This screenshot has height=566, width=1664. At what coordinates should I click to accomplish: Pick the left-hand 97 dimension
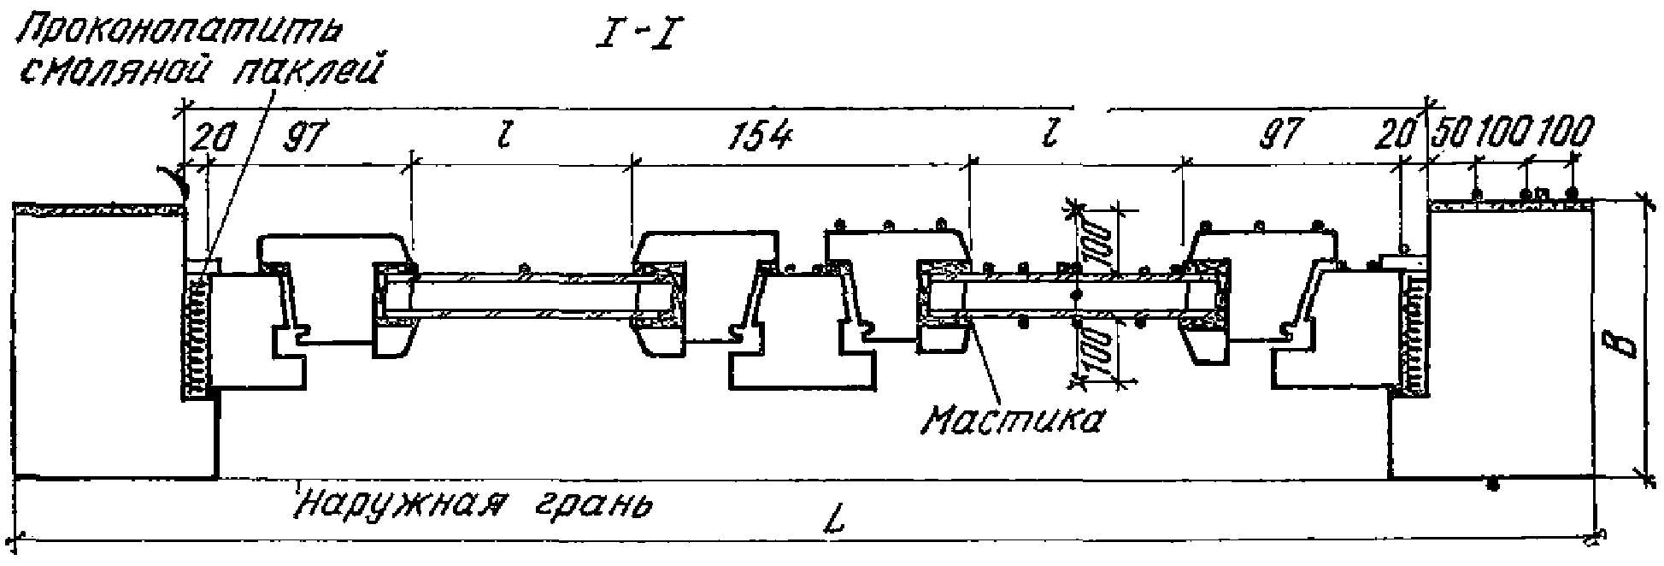[x=303, y=137]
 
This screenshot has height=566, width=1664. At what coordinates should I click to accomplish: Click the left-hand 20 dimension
[x=211, y=137]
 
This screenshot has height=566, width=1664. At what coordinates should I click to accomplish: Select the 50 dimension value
[x=1447, y=134]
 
